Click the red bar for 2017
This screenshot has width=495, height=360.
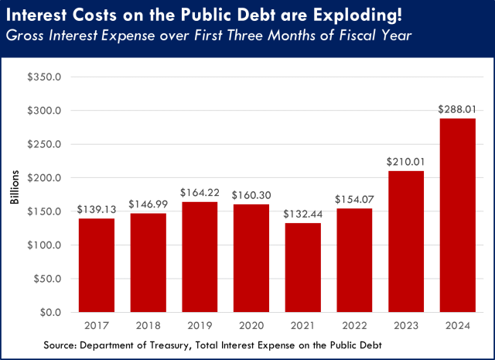click(96, 265)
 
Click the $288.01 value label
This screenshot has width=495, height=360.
click(456, 109)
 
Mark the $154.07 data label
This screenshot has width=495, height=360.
click(353, 199)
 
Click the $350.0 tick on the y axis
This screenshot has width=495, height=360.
click(46, 77)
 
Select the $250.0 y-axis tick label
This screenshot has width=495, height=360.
click(46, 145)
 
